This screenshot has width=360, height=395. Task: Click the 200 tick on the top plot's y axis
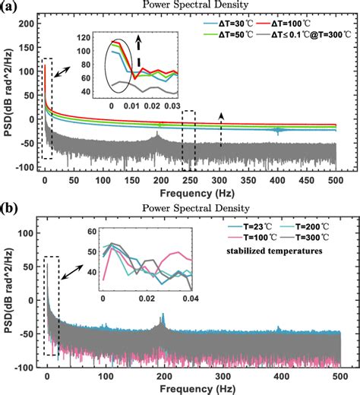pos(27,25)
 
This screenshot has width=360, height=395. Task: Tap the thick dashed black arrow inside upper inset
pos(139,52)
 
